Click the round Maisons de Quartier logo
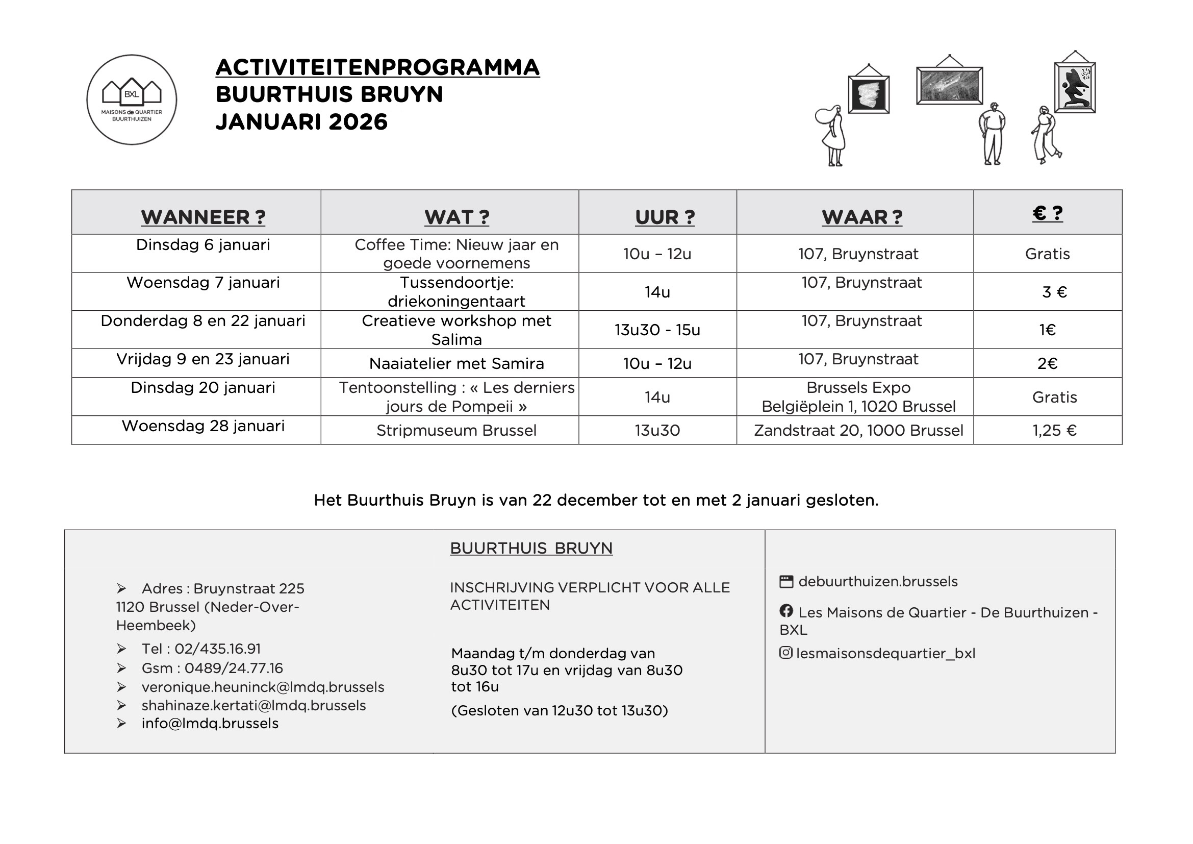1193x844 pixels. click(132, 100)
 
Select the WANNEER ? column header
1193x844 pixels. click(203, 217)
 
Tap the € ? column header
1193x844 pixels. click(1047, 213)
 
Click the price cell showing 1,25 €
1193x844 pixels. click(1054, 430)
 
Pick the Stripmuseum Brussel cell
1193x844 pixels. click(456, 430)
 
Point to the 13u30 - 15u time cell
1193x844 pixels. click(657, 330)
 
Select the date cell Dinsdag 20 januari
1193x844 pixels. click(203, 388)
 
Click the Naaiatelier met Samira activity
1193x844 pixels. click(456, 363)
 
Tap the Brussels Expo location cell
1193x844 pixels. click(858, 396)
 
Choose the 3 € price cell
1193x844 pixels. click(1054, 292)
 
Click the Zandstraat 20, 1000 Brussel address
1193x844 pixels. click(858, 430)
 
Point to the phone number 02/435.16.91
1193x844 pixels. click(217, 649)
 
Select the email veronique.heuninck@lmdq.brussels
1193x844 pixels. click(263, 687)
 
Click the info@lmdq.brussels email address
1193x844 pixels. click(210, 724)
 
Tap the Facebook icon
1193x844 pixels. click(786, 611)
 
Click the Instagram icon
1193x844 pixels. click(786, 652)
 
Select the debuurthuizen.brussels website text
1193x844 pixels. click(878, 582)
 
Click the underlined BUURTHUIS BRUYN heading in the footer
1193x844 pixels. click(531, 548)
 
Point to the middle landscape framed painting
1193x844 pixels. click(949, 86)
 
